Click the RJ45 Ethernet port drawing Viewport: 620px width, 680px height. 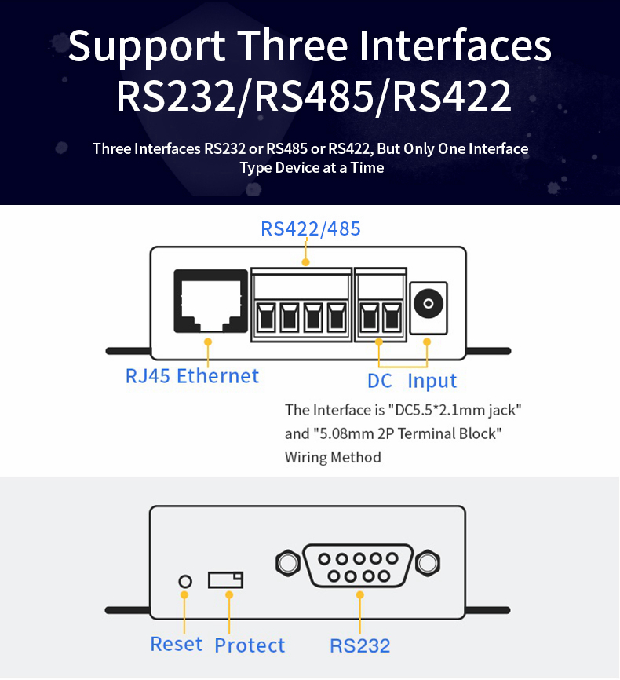click(210, 302)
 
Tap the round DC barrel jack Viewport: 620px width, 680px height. click(429, 303)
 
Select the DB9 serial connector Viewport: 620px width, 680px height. click(359, 566)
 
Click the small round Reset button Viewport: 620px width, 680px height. click(185, 581)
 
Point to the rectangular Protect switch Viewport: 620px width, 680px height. click(225, 579)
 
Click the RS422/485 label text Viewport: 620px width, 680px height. click(311, 228)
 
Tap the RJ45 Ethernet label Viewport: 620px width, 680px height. click(192, 376)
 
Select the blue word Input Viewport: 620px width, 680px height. click(432, 382)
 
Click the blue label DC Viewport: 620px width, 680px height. click(379, 381)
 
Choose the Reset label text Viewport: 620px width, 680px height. click(176, 644)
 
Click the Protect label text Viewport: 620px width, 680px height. click(250, 645)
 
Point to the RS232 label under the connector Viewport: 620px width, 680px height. click(360, 645)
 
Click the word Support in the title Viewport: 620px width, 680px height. click(147, 46)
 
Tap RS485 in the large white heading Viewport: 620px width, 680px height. click(314, 96)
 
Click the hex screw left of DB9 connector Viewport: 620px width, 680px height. click(288, 563)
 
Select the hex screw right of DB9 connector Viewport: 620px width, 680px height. click(428, 563)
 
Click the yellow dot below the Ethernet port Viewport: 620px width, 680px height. click(208, 342)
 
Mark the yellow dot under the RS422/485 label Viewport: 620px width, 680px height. click(305, 262)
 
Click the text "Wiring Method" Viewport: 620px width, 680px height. click(333, 458)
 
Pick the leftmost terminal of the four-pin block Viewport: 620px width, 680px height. click(266, 316)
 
